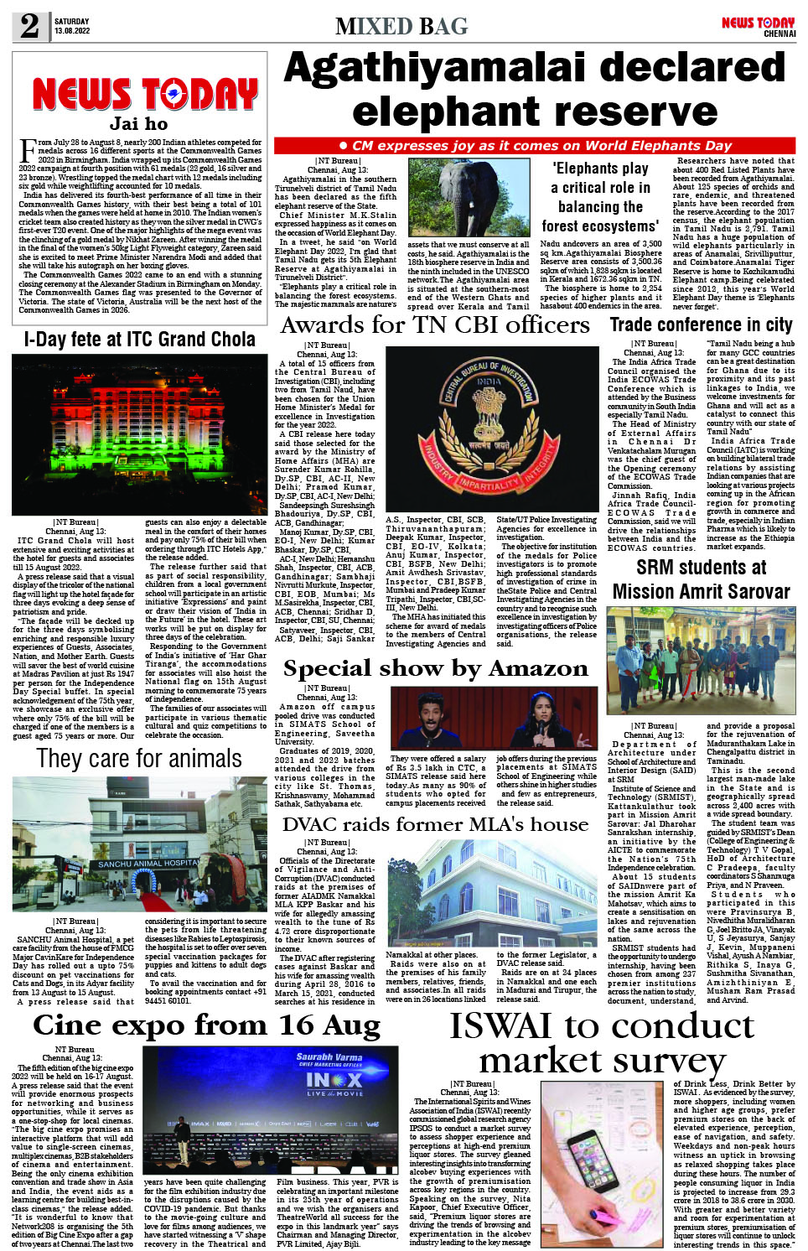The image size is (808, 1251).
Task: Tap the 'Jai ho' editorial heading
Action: coord(138,124)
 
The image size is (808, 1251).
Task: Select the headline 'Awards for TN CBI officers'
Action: coord(435,324)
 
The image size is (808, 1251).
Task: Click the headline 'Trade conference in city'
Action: coord(701,324)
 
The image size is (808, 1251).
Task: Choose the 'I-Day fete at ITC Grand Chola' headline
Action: coord(139,340)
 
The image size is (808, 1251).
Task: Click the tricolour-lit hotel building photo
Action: coord(139,434)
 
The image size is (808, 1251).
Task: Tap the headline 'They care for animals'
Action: coord(139,759)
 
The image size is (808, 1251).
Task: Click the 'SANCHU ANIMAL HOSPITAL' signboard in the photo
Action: coord(148,864)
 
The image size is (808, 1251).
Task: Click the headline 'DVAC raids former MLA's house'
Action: coord(435,824)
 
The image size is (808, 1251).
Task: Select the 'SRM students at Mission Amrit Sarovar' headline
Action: coord(701,579)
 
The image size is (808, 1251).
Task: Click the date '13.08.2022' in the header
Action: coord(72,31)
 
